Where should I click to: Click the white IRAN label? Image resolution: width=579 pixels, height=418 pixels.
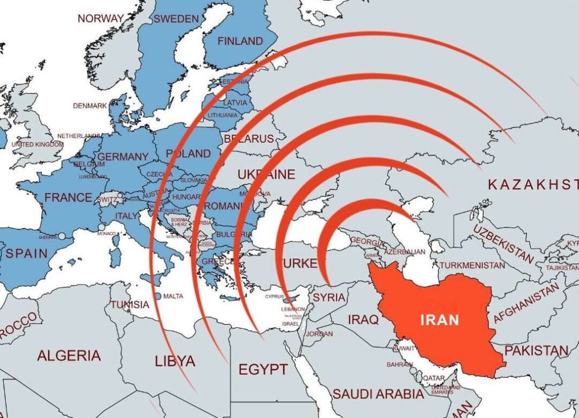[439, 319]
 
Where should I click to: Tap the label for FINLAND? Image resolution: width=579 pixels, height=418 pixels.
[240, 41]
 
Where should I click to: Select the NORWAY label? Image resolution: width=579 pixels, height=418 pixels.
[101, 18]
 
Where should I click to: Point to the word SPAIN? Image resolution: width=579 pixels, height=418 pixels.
[27, 254]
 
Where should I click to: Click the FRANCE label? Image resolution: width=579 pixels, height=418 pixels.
[68, 198]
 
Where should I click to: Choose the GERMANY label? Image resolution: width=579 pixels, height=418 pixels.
[123, 157]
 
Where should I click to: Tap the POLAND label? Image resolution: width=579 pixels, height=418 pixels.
[189, 154]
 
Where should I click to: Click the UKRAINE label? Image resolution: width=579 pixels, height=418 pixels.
[266, 175]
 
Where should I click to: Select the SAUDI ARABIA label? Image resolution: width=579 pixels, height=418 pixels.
[378, 394]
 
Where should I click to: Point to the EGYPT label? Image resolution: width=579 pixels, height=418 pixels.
[263, 370]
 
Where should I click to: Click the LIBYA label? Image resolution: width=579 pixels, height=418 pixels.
[175, 361]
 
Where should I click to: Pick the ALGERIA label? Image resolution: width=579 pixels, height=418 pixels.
[69, 356]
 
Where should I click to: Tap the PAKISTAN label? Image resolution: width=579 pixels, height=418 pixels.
[536, 351]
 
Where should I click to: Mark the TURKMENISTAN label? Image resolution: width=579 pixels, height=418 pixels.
[472, 265]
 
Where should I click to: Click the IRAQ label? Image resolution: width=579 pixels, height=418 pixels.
[363, 319]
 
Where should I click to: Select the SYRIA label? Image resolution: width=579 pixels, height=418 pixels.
[329, 297]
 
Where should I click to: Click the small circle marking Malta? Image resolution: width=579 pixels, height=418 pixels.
[157, 296]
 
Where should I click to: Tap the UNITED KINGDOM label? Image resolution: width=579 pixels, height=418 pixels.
[37, 145]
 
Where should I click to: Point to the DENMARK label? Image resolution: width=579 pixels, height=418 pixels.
[90, 106]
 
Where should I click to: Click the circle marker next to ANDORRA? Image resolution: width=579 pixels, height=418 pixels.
[62, 237]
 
